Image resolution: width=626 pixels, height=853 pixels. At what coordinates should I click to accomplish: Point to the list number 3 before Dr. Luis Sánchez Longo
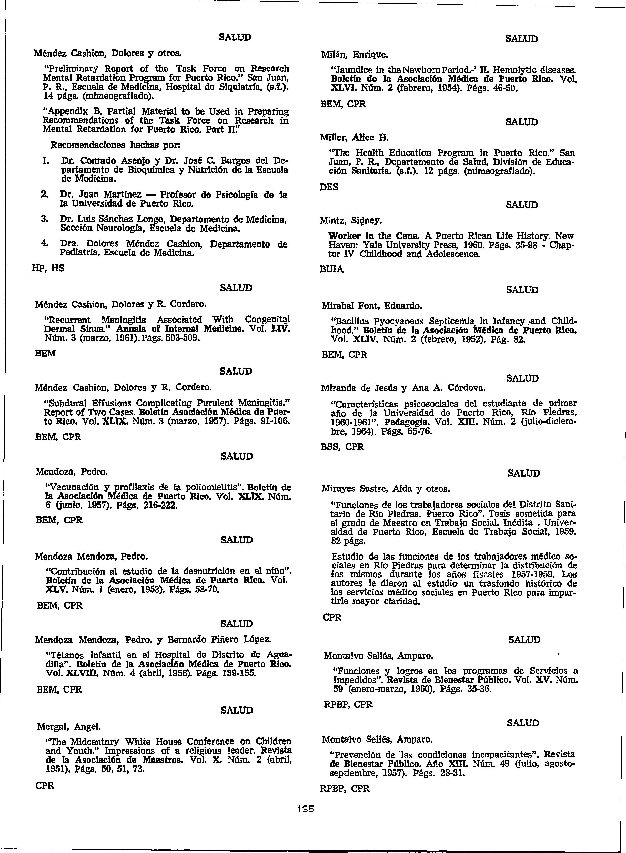43,219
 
